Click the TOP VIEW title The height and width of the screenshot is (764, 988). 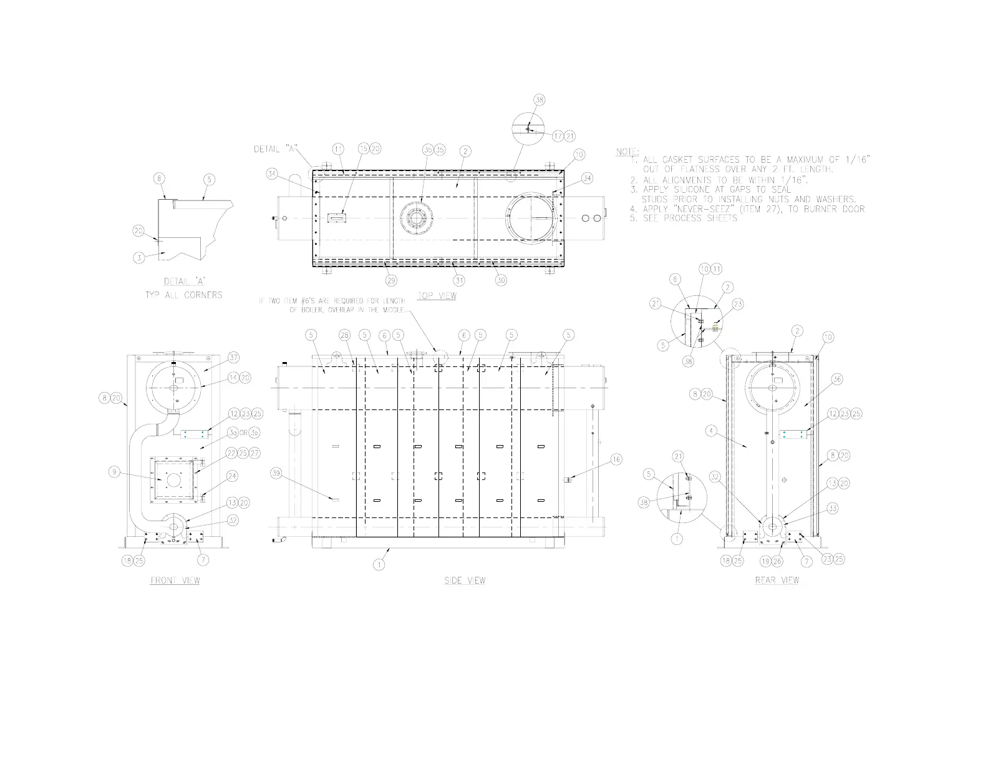(436, 296)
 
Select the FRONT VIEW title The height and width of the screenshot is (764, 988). (175, 580)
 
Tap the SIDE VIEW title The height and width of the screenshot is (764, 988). (465, 580)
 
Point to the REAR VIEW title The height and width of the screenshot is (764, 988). (777, 580)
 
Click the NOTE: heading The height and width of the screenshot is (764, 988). (627, 152)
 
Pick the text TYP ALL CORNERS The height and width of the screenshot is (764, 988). (183, 294)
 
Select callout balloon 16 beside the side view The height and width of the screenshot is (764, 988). (616, 460)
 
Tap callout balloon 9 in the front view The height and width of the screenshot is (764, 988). (114, 472)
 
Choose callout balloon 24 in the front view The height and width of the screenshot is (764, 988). (233, 476)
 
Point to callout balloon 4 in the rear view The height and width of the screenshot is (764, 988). (712, 430)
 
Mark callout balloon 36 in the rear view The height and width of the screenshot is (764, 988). (837, 380)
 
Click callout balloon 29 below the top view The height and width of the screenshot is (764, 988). (392, 280)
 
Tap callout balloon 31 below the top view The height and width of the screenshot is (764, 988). (459, 280)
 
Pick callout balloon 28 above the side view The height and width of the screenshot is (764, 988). (345, 335)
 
